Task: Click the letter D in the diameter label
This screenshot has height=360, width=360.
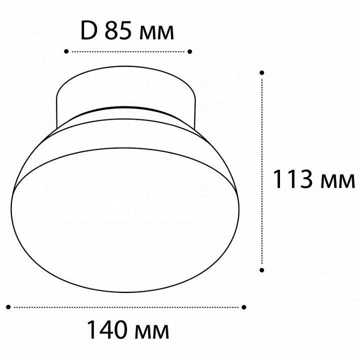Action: tap(88, 31)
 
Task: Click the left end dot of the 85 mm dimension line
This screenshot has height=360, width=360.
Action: tap(66, 51)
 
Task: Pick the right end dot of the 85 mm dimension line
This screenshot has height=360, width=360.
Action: tap(190, 51)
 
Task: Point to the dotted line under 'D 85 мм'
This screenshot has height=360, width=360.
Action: tap(128, 51)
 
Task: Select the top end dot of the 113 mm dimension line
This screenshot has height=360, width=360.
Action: tap(262, 72)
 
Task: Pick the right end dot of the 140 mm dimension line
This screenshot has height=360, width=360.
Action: tap(244, 306)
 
